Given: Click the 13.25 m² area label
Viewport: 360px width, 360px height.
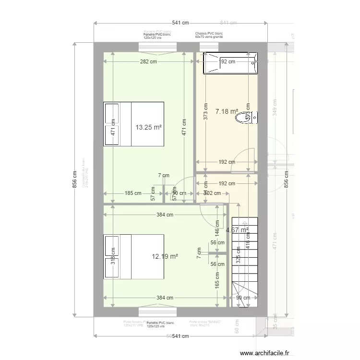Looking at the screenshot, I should (148, 127).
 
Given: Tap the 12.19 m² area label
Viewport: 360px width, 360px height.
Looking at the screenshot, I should (165, 257).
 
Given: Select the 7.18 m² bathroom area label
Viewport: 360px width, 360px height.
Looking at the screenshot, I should (227, 111).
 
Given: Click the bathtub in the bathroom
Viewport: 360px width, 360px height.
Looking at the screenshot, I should (230, 62).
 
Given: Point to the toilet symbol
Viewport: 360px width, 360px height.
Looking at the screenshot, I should (249, 117).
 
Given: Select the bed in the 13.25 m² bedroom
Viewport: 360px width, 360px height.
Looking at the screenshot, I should (134, 123).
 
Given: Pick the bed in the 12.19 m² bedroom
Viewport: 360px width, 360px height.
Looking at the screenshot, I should (134, 257).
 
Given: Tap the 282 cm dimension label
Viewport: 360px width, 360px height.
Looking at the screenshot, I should (149, 61).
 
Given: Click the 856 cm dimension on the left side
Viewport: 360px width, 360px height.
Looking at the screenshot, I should (74, 181).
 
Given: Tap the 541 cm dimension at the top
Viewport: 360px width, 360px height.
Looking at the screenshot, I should (180, 23).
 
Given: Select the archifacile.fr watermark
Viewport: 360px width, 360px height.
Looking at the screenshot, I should (264, 353).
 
